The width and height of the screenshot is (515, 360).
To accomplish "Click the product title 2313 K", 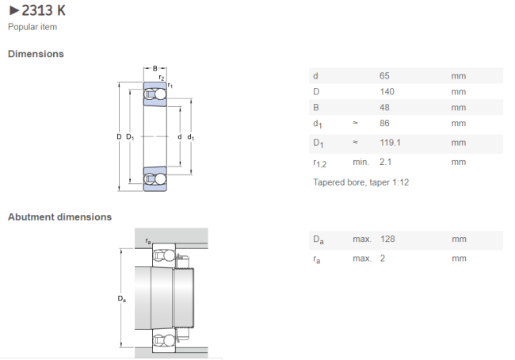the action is (44, 10).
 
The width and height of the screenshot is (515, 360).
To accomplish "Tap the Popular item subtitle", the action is (32, 27).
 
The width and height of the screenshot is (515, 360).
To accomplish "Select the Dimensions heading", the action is (36, 54).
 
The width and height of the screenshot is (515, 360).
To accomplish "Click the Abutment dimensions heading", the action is (59, 217).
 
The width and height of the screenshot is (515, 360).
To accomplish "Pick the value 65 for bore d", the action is (384, 76).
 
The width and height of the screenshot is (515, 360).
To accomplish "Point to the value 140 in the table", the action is (387, 92).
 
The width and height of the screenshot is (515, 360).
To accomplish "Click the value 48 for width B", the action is (384, 108).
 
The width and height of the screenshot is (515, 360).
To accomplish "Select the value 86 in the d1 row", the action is (384, 123).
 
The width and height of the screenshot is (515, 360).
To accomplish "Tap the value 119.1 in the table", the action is (390, 143).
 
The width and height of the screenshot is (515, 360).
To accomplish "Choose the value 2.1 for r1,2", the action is (386, 162).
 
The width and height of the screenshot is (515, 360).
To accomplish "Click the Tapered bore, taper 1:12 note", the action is (361, 182).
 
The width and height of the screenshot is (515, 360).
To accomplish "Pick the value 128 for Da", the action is (387, 239).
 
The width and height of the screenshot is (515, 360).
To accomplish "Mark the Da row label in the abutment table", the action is (319, 239).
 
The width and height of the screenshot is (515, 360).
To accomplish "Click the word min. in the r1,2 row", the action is (361, 162).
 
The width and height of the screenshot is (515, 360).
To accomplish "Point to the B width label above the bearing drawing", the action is (155, 69).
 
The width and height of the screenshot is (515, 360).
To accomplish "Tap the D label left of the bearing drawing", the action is (119, 136).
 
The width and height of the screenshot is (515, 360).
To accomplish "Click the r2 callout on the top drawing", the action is (162, 78).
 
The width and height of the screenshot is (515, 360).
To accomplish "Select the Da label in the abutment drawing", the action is (121, 299).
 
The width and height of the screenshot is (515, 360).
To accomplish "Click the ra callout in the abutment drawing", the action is (148, 241).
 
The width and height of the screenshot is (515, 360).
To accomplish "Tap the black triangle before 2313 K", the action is (14, 11).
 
